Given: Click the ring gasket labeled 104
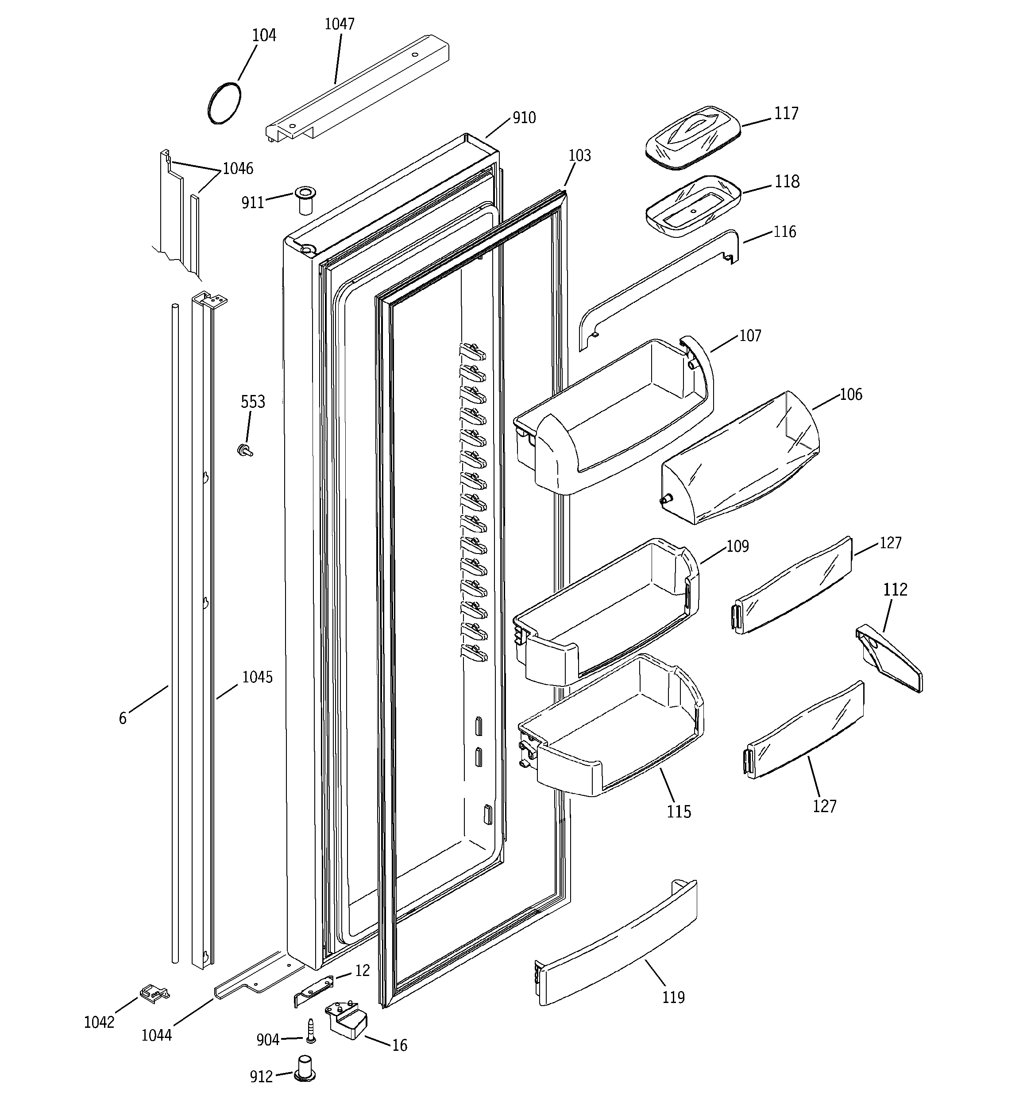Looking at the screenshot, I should (x=224, y=103).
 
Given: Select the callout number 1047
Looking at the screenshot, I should (x=339, y=24).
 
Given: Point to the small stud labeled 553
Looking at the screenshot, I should (x=243, y=450).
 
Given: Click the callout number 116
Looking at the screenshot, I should (x=784, y=232).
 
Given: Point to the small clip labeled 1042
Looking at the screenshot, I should (x=155, y=992).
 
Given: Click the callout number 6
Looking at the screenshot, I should (x=122, y=718).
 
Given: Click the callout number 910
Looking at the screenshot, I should (x=524, y=118).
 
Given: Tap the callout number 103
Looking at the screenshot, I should (x=579, y=156).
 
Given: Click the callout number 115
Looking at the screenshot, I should (x=679, y=812).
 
